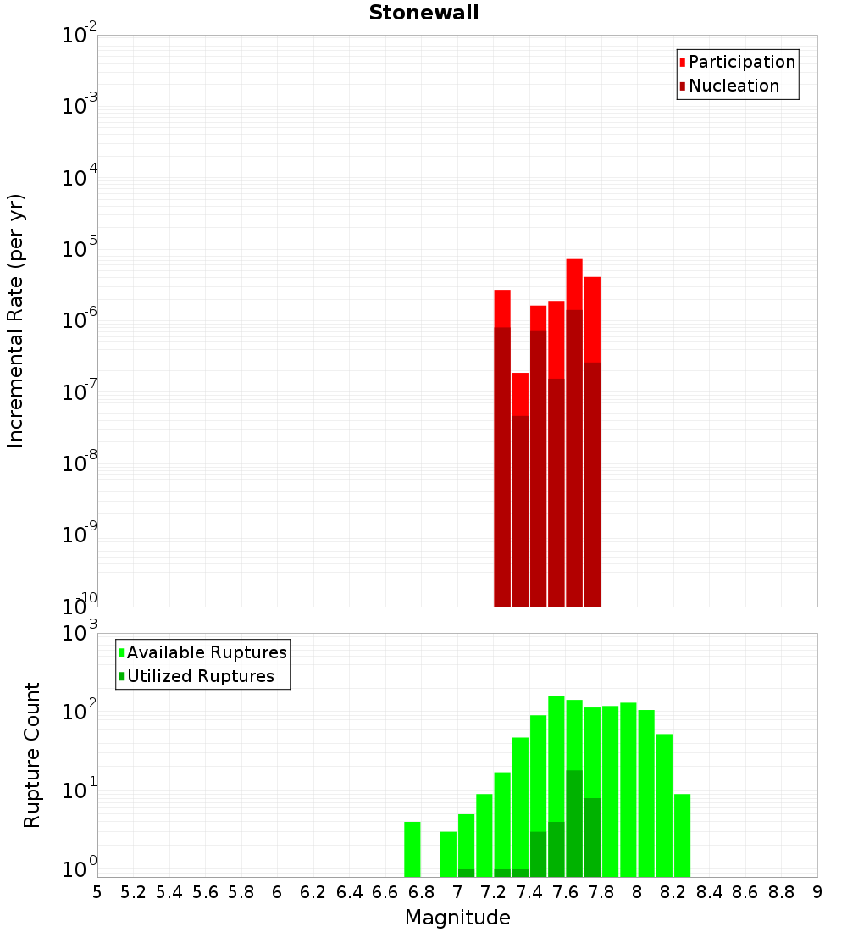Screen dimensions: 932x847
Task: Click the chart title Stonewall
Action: pos(423,13)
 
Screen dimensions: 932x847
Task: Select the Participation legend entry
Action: pos(742,63)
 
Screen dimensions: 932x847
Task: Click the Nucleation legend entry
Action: pos(734,86)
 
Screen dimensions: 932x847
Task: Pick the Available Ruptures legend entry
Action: pos(207,653)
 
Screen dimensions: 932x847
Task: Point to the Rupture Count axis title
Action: pos(32,755)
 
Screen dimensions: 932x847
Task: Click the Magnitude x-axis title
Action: pos(457,918)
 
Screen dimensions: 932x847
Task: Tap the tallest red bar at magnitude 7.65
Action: pos(574,284)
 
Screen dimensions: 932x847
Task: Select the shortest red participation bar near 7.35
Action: pos(520,394)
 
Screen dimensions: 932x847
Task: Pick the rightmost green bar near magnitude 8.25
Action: pos(683,835)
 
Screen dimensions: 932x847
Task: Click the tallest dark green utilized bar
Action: pos(574,822)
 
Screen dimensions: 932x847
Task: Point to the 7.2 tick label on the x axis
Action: pos(493,892)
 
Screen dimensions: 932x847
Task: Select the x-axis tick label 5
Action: pos(97,892)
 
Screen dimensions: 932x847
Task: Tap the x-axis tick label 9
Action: pos(817,892)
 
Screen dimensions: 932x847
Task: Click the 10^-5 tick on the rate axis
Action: pos(80,249)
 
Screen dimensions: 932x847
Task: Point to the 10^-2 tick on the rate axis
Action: pos(80,36)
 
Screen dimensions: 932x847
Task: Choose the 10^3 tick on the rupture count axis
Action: pos(81,633)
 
